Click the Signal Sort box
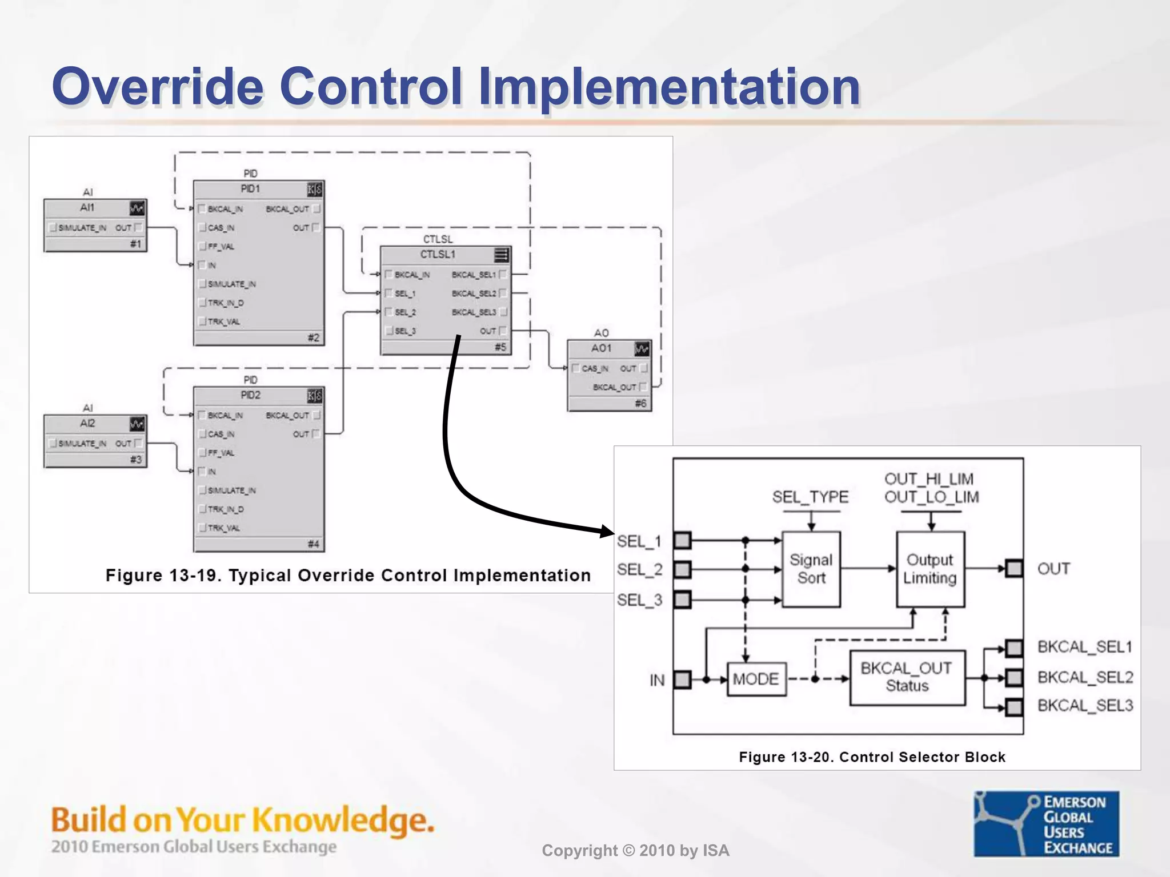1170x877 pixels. pyautogui.click(x=811, y=569)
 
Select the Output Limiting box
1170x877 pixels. pyautogui.click(x=930, y=569)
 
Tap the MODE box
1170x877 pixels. pyautogui.click(x=756, y=679)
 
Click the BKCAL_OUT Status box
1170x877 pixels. pyautogui.click(x=907, y=677)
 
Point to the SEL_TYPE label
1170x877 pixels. pyautogui.click(x=810, y=497)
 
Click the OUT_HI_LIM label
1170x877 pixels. pyautogui.click(x=929, y=478)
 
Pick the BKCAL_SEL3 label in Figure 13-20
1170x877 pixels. pyautogui.click(x=1085, y=706)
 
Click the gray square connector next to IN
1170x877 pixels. pyautogui.click(x=682, y=679)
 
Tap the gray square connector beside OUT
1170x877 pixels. pyautogui.click(x=1014, y=568)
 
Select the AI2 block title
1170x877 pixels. pyautogui.click(x=87, y=424)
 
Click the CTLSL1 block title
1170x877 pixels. pyautogui.click(x=438, y=255)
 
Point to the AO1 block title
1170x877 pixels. pyautogui.click(x=601, y=348)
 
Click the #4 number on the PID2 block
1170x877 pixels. pyautogui.click(x=313, y=544)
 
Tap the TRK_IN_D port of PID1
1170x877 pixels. pyautogui.click(x=225, y=303)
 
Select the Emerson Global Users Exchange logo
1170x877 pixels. pyautogui.click(x=1046, y=823)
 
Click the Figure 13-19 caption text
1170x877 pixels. pyautogui.click(x=348, y=576)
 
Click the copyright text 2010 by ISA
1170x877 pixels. pyautogui.click(x=635, y=851)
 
